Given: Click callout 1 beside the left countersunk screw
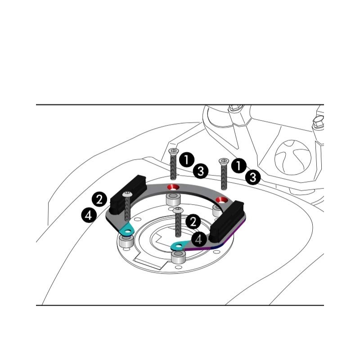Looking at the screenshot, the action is point(187,160).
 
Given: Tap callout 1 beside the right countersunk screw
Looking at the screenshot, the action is point(239,166).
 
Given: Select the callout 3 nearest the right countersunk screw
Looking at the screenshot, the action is point(253,177).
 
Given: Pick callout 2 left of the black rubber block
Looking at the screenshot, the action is point(99,199).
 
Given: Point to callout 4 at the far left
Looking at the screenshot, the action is point(89,215).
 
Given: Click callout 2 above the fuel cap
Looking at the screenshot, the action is point(193,222).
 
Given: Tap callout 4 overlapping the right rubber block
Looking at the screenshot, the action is point(199,239).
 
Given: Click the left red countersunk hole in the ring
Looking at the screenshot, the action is point(173,187).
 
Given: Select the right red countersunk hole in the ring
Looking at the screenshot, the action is point(222,200).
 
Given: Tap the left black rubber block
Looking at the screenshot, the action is point(128,194).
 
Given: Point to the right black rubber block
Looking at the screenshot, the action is point(227,221).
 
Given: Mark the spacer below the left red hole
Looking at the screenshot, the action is point(173,199).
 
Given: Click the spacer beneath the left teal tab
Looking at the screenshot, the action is point(126,241).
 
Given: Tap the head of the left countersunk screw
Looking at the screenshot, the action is point(174,151).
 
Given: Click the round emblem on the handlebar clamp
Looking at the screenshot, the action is point(293,157).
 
